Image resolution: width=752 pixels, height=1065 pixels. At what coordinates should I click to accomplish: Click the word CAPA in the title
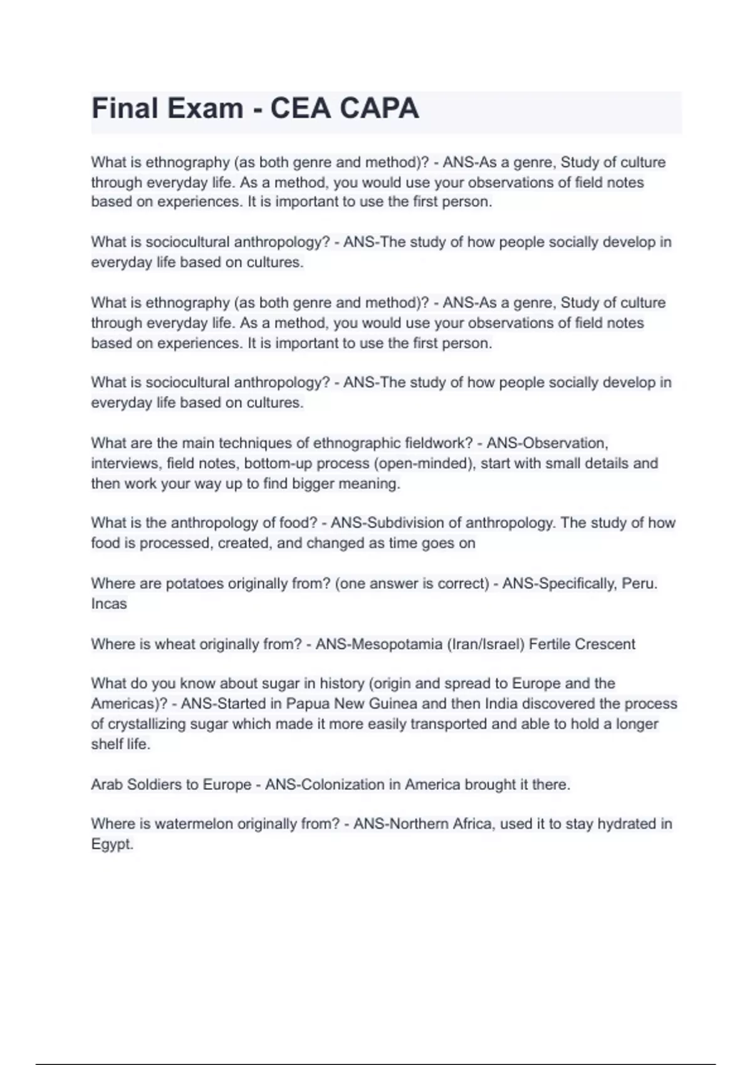(379, 108)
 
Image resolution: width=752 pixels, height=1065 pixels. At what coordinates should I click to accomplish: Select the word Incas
(109, 604)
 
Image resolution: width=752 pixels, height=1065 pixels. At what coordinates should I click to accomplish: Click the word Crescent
(605, 644)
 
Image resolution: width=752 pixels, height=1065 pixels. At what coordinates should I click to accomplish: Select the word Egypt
(112, 844)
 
